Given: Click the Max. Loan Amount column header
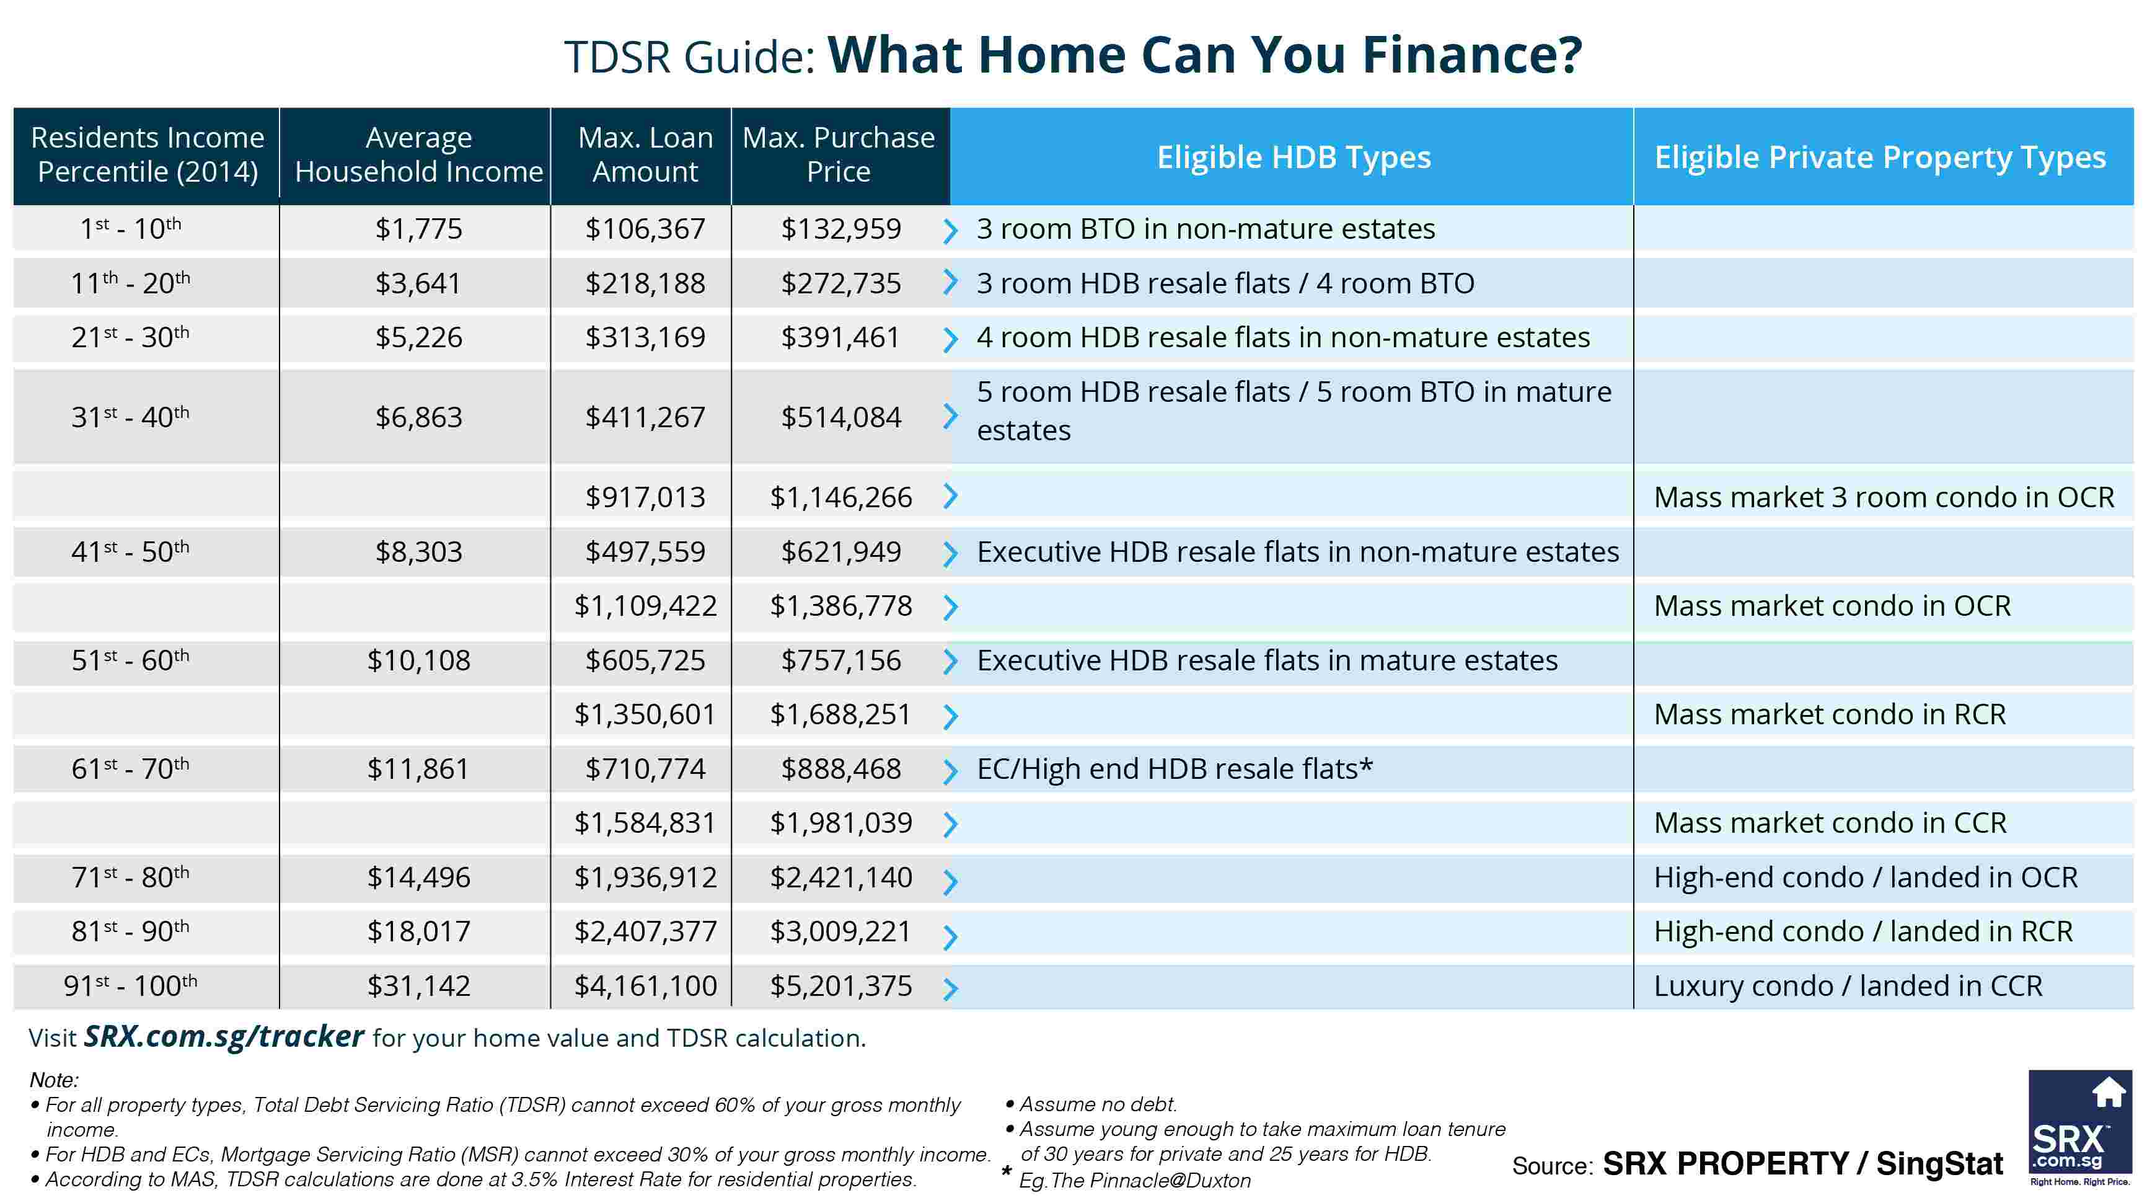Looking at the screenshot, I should click(645, 154).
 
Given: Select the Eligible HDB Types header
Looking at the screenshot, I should click(1293, 157).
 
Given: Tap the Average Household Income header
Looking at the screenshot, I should click(418, 154).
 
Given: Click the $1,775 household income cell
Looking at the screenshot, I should click(418, 228).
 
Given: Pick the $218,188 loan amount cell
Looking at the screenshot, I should click(645, 283).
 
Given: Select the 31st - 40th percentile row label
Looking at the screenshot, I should click(131, 417).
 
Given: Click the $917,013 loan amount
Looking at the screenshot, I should click(645, 497).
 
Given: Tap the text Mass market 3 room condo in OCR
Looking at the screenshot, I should click(1884, 497).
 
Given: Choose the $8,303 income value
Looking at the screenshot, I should click(418, 552).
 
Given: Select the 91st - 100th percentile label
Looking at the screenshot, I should click(131, 985).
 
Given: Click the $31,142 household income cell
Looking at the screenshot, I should click(418, 986).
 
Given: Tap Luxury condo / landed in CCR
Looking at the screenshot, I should click(1848, 986).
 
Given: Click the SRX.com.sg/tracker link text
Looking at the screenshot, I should click(223, 1036).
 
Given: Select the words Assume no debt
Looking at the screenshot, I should click(1098, 1104).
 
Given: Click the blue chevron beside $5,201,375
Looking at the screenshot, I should click(950, 988).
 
